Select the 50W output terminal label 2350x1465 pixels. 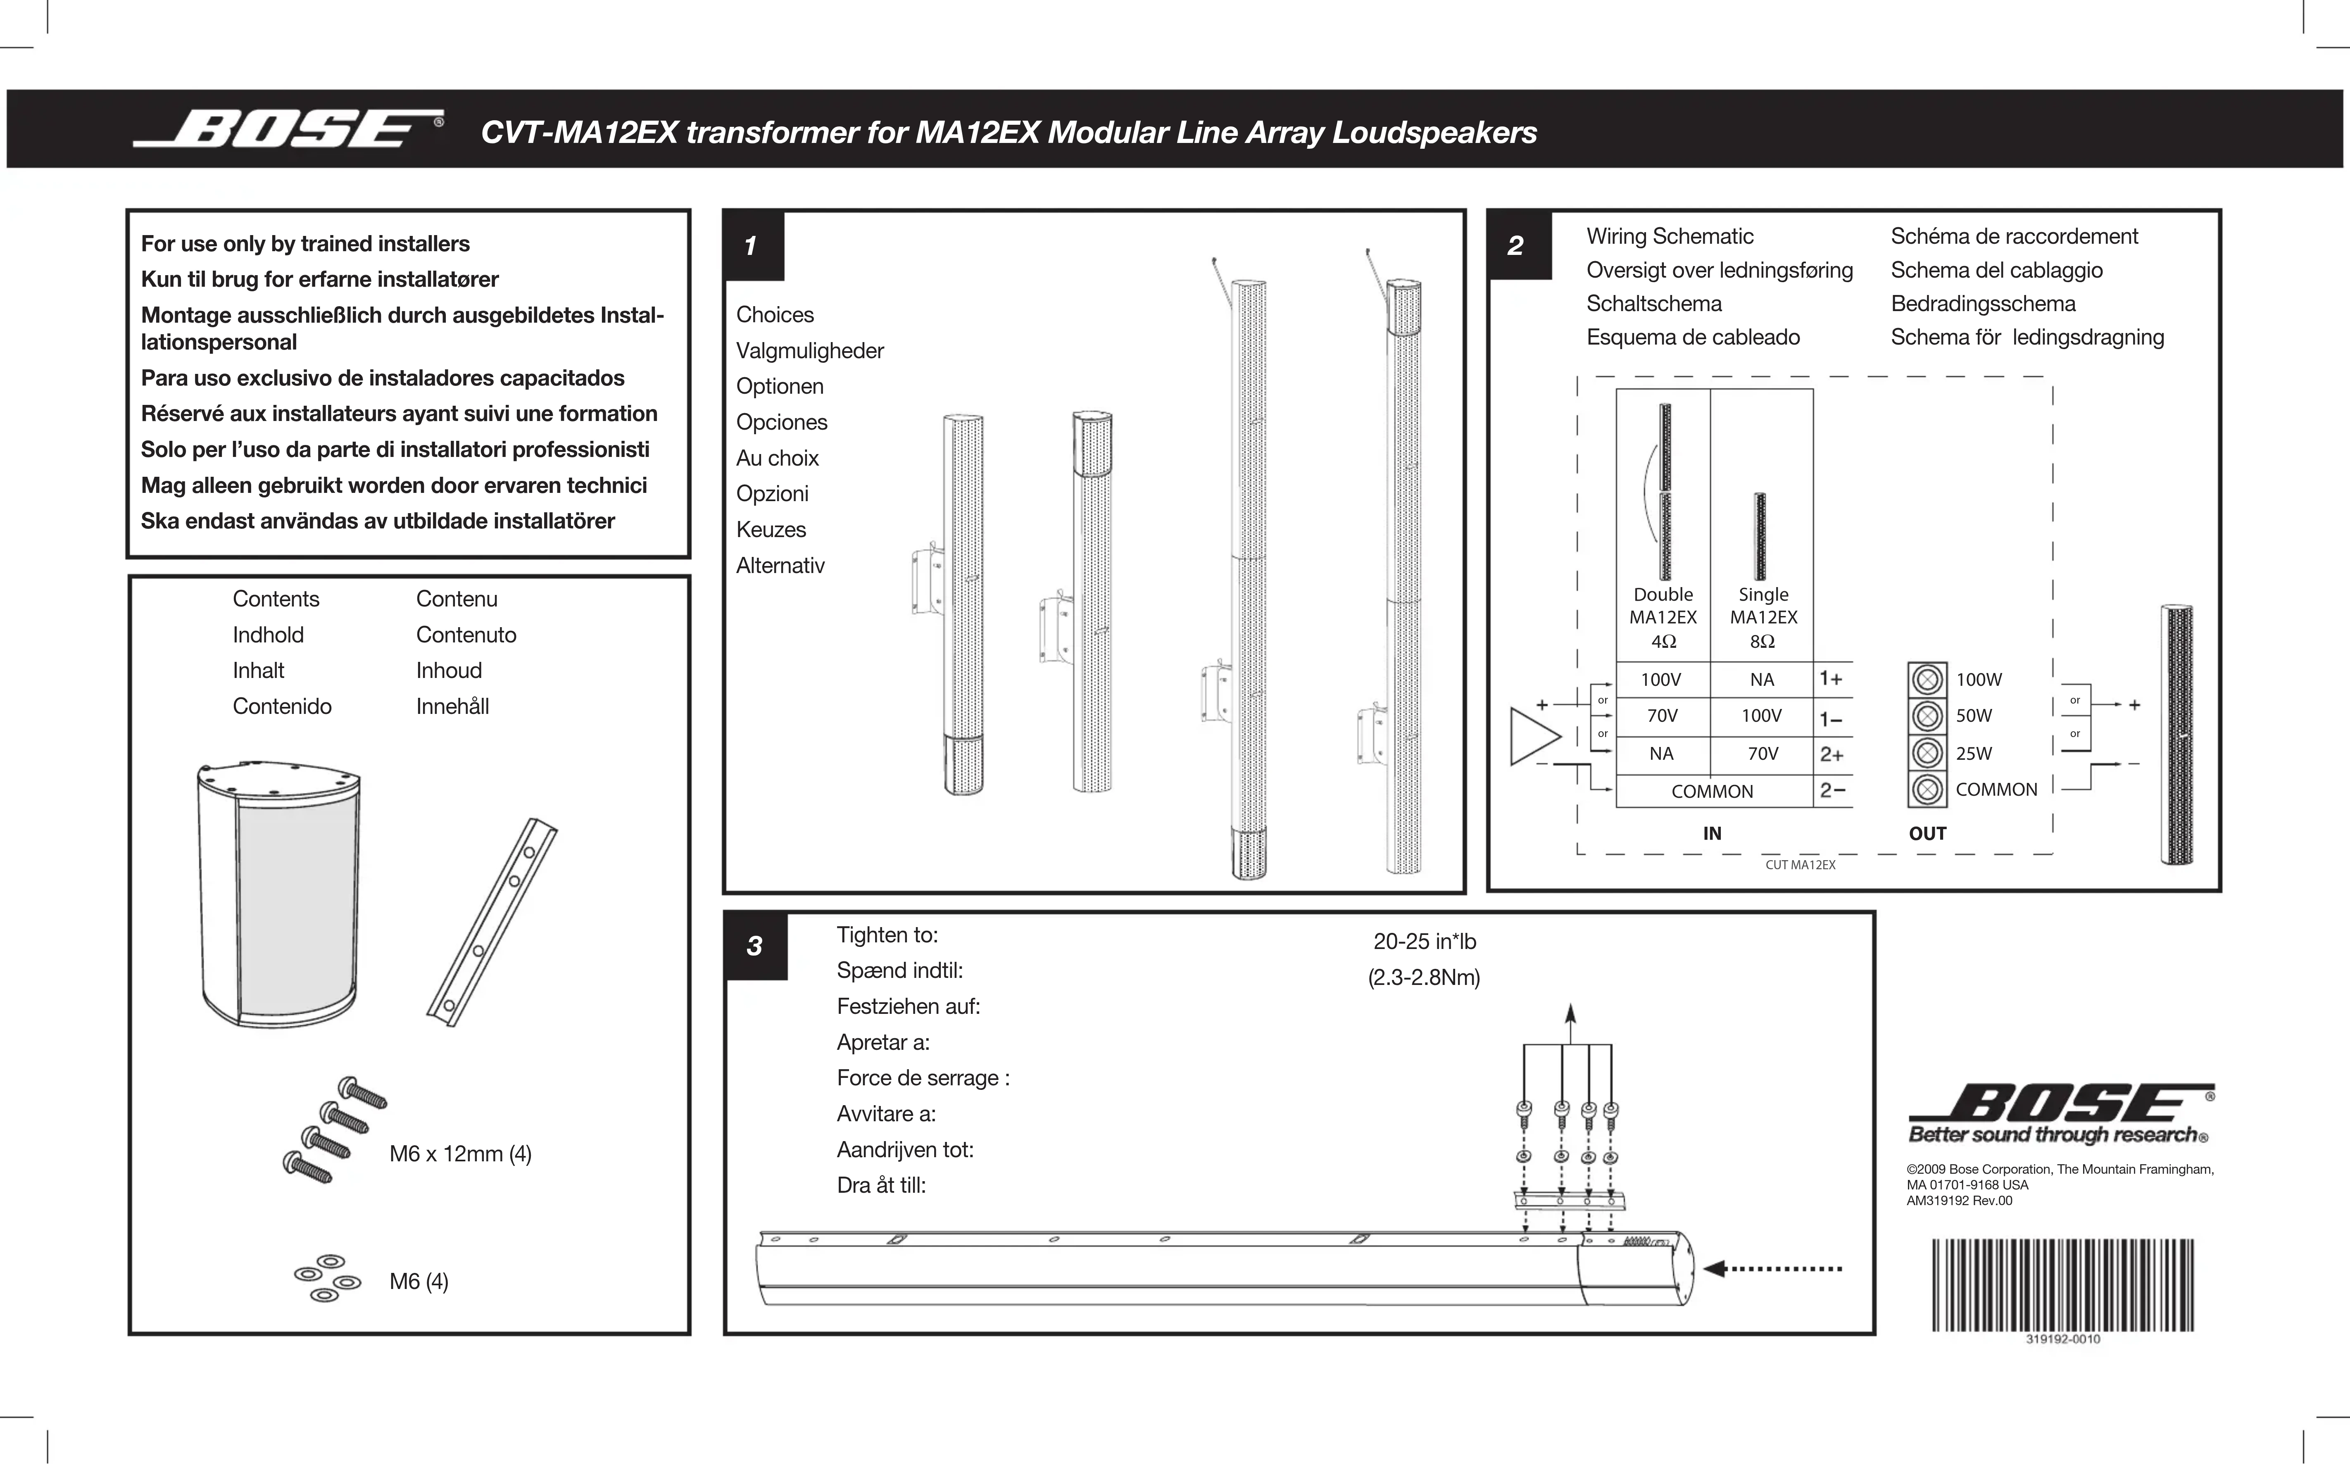tap(1973, 716)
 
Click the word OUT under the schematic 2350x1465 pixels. tap(1927, 833)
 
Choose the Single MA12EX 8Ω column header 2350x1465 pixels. tap(1763, 617)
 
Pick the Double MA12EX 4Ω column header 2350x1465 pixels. tap(1662, 617)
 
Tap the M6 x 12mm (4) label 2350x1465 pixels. tap(460, 1154)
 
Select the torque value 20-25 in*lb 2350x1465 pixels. tap(1424, 942)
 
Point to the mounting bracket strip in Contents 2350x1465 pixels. tap(492, 923)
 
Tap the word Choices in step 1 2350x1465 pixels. tap(775, 315)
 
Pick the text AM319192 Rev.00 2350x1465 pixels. tap(1959, 1201)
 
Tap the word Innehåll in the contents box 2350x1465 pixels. tap(452, 706)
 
